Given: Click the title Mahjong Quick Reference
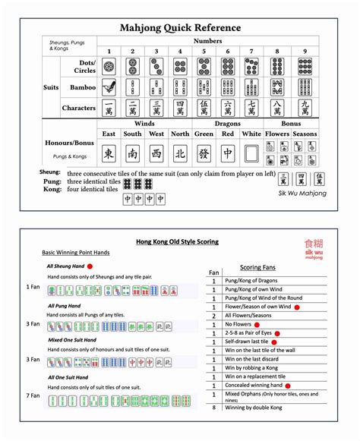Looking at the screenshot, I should (180, 28).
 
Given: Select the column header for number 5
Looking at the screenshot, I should (204, 52).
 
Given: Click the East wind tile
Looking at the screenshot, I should (109, 155).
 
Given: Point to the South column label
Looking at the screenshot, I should (132, 134).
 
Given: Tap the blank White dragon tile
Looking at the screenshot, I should (251, 155).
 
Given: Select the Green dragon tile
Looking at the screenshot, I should (204, 155).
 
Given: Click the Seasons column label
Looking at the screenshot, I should (305, 134).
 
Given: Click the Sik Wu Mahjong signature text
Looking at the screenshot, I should (302, 193).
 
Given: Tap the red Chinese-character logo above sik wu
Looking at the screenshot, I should (313, 244).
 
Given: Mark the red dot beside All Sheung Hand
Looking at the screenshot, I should (90, 267).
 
